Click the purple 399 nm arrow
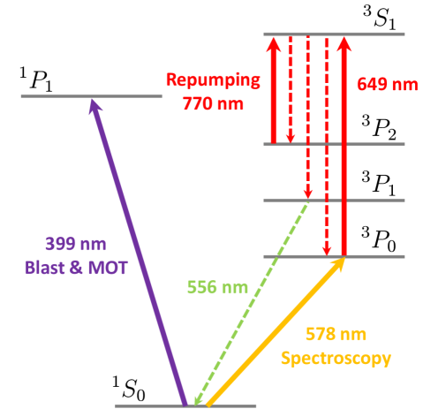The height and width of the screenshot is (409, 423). (139, 253)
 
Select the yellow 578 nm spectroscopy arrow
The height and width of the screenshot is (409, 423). (276, 332)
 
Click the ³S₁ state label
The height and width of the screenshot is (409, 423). (379, 18)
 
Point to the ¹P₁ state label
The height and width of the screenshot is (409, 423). (36, 80)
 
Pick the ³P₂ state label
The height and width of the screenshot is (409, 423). (379, 127)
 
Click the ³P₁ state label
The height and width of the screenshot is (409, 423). (379, 184)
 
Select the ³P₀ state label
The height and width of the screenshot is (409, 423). (379, 239)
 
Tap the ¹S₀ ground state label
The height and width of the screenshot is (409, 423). (129, 389)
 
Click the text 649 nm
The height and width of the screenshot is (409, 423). (388, 84)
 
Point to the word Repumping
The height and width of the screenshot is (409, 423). (213, 80)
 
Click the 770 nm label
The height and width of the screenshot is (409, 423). (213, 103)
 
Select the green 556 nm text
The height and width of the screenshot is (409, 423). (217, 287)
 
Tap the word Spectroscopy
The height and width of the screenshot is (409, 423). (336, 359)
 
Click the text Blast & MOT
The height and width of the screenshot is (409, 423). (76, 268)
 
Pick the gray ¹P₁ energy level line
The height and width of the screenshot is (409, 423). (92, 96)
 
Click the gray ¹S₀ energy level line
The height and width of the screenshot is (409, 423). (185, 406)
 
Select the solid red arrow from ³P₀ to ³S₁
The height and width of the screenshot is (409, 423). (344, 146)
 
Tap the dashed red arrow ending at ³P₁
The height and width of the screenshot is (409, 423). (308, 117)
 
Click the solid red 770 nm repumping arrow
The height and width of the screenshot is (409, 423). (274, 90)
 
